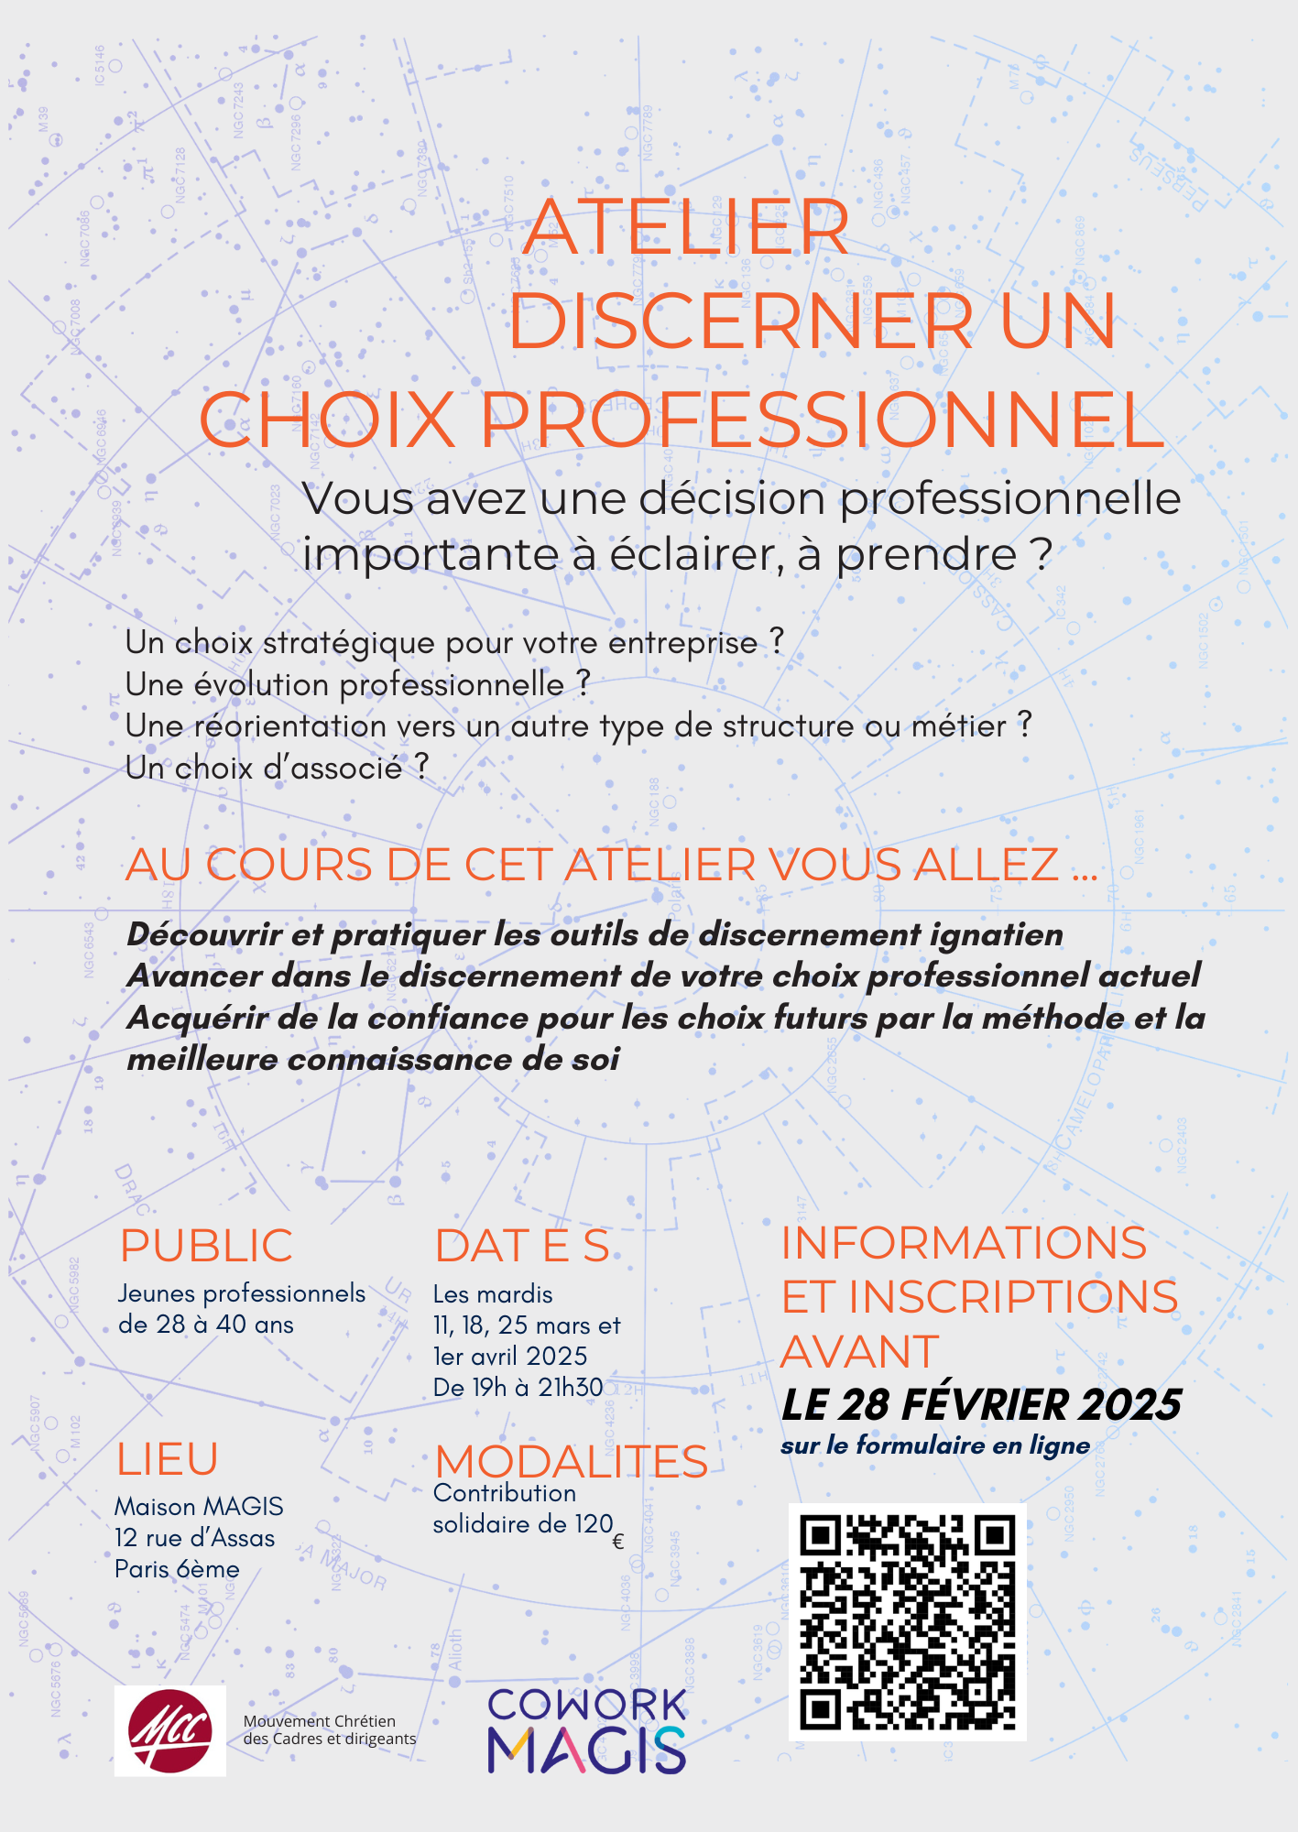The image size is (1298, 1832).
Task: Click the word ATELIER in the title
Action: [685, 227]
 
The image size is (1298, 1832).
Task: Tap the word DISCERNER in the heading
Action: [740, 321]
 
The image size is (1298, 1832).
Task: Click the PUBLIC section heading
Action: [206, 1246]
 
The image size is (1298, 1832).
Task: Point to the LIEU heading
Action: [167, 1459]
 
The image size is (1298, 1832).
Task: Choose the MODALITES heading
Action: [571, 1461]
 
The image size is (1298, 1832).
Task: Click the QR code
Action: [907, 1622]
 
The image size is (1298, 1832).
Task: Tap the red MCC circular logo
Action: [170, 1730]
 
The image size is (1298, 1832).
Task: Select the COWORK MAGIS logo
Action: [586, 1731]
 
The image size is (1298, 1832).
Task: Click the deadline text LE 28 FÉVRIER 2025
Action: [981, 1405]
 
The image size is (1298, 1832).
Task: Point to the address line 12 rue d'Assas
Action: [194, 1538]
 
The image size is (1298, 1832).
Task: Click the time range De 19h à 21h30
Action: [518, 1388]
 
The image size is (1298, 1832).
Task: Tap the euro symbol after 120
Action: [617, 1542]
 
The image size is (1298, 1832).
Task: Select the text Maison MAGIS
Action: [199, 1507]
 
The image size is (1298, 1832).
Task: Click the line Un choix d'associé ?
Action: [277, 768]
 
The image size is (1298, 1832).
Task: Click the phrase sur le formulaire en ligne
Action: [935, 1445]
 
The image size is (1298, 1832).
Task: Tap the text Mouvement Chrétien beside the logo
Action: [319, 1721]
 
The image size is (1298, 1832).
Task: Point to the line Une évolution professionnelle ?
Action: [357, 684]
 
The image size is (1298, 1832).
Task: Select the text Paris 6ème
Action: [177, 1569]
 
